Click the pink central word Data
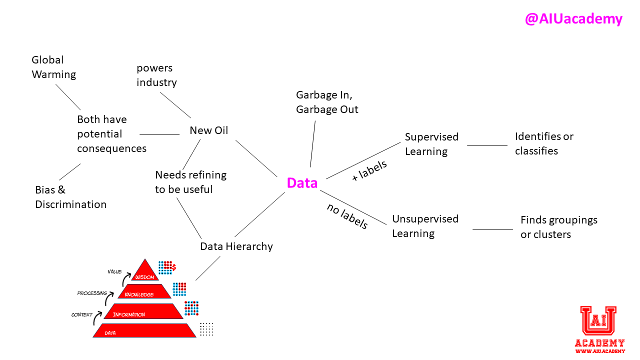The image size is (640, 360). click(302, 183)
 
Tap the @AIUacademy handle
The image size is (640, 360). click(573, 19)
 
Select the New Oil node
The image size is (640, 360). click(208, 130)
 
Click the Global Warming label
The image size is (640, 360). click(54, 67)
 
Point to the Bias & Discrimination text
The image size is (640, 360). click(70, 197)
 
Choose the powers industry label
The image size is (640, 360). click(156, 75)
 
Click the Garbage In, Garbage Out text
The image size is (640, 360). click(327, 102)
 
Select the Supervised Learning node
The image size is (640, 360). click(431, 144)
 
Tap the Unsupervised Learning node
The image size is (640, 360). click(425, 226)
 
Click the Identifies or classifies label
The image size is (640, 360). click(544, 143)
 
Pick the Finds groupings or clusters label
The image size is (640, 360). click(558, 227)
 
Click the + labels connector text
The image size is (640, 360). click(369, 170)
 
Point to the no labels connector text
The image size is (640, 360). click(347, 216)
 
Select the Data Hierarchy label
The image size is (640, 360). click(236, 246)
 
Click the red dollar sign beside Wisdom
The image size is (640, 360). click(173, 267)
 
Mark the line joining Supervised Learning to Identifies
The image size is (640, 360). click(487, 146)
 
